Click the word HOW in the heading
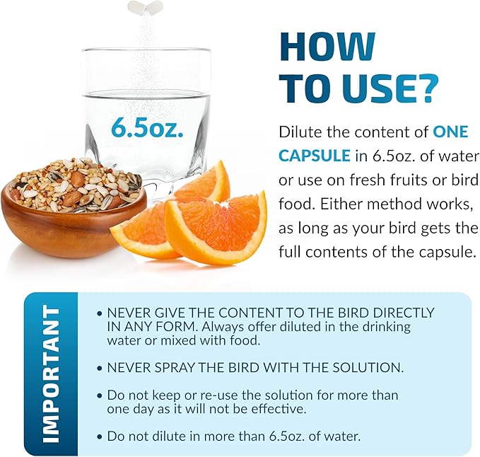(327, 46)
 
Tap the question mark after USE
(426, 88)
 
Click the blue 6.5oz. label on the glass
(148, 127)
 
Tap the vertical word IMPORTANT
(51, 374)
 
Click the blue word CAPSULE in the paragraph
(315, 156)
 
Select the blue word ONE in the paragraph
(450, 132)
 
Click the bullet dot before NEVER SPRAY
(99, 368)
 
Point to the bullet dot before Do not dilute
(99, 436)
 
